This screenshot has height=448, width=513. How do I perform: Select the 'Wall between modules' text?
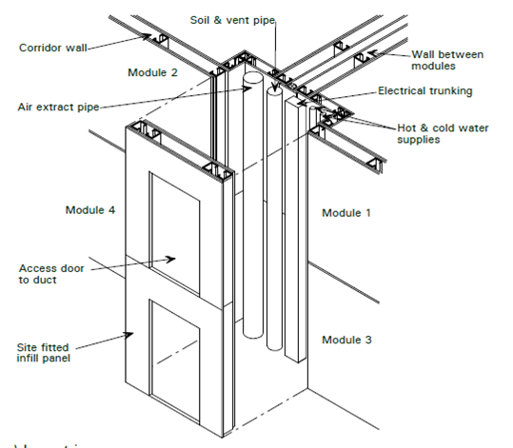[x=446, y=60]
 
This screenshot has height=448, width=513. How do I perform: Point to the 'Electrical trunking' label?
[x=424, y=91]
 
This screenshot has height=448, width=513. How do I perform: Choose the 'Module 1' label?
[x=346, y=212]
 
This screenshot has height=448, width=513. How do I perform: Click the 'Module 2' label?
[x=153, y=72]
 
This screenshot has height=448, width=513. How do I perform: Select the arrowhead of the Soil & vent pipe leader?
[x=275, y=93]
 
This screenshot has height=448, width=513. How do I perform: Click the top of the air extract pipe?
[x=252, y=80]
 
